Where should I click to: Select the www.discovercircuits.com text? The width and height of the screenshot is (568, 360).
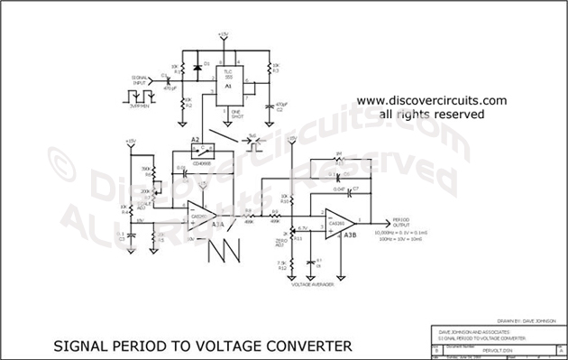432,101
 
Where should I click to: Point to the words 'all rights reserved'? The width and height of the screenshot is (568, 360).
432,115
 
